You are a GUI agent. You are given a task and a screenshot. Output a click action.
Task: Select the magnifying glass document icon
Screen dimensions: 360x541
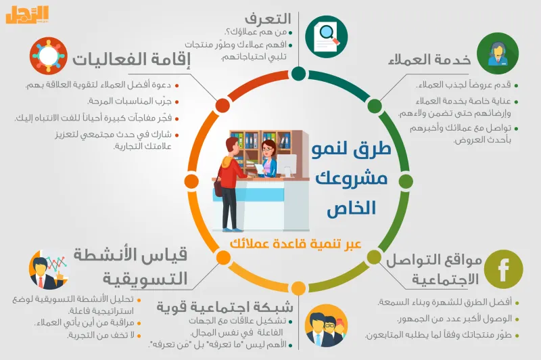point(325,34)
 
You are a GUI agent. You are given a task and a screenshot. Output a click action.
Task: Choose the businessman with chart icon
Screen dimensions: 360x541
point(48,270)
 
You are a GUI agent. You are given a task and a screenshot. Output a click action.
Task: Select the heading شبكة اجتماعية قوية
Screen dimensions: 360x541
point(223,306)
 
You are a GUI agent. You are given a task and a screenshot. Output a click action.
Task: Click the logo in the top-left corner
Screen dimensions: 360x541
point(28,15)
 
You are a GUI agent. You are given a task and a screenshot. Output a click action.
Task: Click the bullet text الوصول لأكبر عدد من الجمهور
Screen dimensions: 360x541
point(450,318)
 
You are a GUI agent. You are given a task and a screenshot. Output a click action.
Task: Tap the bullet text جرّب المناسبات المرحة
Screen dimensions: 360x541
point(135,102)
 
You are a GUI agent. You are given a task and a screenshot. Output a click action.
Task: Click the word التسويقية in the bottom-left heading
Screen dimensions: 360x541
point(145,278)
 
